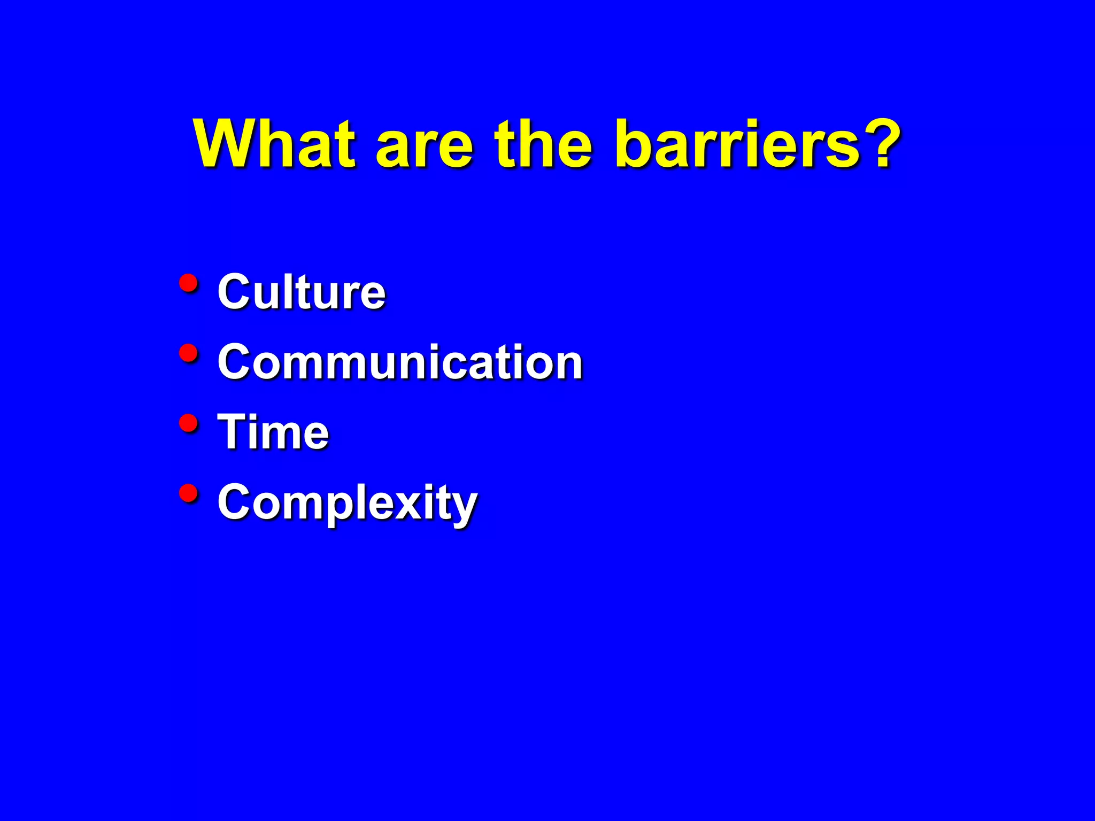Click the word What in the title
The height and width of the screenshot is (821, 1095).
pos(274,144)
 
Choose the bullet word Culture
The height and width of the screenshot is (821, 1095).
pos(301,292)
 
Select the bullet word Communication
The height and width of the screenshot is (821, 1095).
pos(400,362)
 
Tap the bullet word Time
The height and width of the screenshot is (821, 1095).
pos(273,432)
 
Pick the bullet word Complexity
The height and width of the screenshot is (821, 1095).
pos(348,502)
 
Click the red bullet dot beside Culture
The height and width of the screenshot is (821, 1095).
pos(188,283)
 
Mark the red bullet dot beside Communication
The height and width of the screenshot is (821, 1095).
pos(188,353)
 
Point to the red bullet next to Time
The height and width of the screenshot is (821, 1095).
pos(188,423)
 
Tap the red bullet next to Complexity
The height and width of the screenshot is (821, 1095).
pos(188,493)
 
